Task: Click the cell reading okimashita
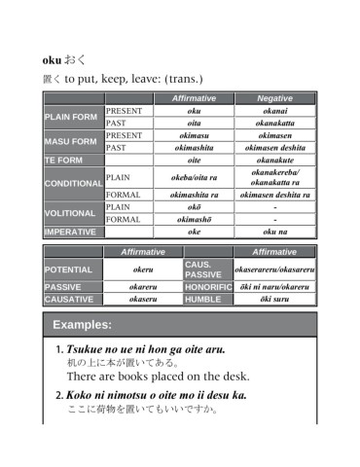194,147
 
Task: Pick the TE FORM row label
65,160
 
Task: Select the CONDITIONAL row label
73,183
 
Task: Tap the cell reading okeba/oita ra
194,177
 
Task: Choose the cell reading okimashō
194,219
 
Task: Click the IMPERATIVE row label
70,233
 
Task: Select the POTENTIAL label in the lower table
68,269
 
